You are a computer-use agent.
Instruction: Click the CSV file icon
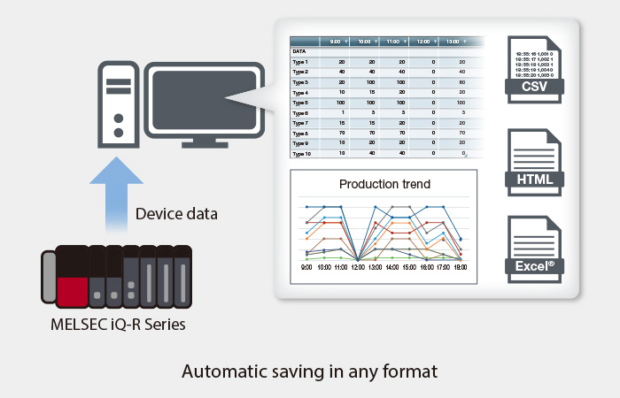pyautogui.click(x=536, y=67)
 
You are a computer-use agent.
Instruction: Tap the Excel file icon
pyautogui.click(x=536, y=247)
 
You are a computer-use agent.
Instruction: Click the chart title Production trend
pyautogui.click(x=385, y=184)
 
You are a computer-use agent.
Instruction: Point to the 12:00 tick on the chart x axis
pyautogui.click(x=357, y=265)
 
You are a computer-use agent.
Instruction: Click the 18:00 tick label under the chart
pyautogui.click(x=459, y=265)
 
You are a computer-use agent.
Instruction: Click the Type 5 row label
pyautogui.click(x=300, y=103)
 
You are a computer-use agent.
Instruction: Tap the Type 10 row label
pyautogui.click(x=301, y=154)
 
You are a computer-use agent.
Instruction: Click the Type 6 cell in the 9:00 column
pyautogui.click(x=342, y=113)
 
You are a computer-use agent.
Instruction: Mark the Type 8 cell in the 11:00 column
pyautogui.click(x=401, y=134)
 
